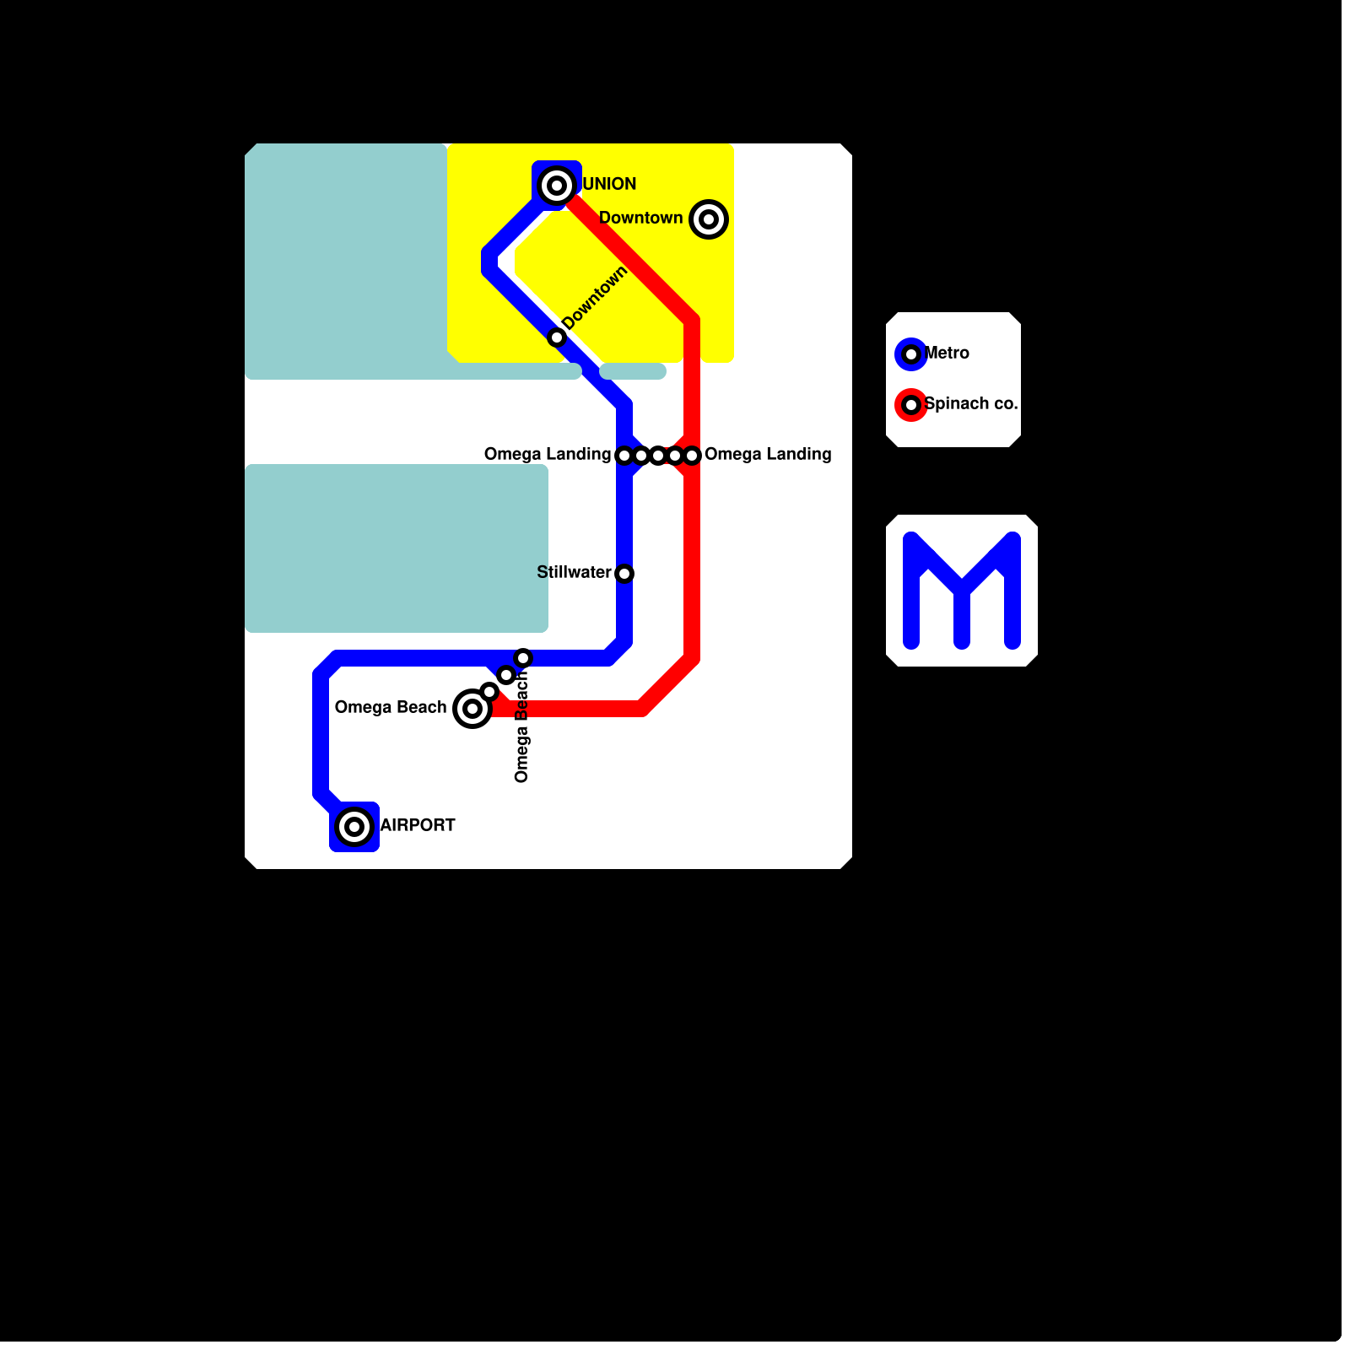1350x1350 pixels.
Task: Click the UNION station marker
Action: (x=557, y=186)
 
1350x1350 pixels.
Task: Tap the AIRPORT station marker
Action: (x=354, y=827)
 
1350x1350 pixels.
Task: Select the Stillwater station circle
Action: (x=624, y=574)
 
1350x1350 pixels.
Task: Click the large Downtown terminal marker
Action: (x=709, y=219)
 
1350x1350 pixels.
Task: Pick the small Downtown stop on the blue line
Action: (x=557, y=337)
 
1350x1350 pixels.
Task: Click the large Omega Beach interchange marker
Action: (x=472, y=709)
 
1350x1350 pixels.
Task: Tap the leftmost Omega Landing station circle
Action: (x=624, y=456)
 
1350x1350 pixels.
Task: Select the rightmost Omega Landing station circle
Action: (x=692, y=456)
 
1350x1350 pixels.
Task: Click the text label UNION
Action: (x=609, y=184)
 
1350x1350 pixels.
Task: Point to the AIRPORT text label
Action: (x=418, y=825)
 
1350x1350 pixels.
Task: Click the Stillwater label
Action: (x=574, y=572)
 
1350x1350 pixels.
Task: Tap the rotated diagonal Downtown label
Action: (x=595, y=298)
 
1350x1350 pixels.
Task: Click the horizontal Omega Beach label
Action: (x=391, y=707)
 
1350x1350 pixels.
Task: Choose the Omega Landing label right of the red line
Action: (x=768, y=454)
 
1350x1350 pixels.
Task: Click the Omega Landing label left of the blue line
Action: (x=547, y=454)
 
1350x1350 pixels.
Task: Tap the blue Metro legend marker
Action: (x=911, y=354)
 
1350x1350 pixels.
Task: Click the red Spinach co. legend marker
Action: (x=911, y=405)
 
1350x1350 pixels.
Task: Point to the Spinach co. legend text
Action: (x=971, y=403)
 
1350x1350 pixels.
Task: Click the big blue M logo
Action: (x=962, y=591)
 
